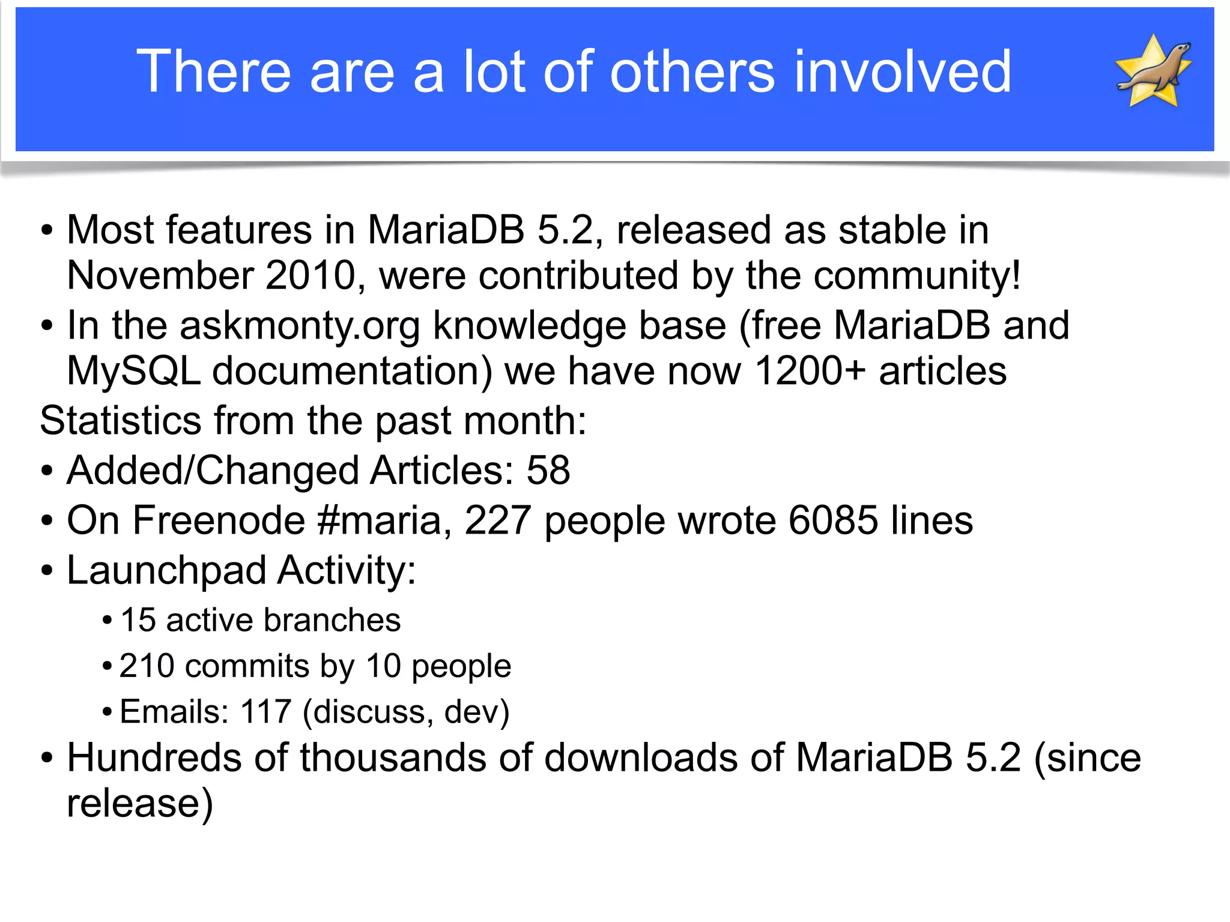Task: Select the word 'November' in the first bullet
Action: click(x=160, y=276)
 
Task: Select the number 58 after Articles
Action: click(x=548, y=470)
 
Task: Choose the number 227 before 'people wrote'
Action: click(x=498, y=520)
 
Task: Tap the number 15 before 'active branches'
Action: click(x=138, y=620)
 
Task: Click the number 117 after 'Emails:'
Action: click(x=266, y=713)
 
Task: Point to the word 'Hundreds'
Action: click(x=154, y=758)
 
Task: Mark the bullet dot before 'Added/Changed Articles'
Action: click(x=47, y=471)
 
